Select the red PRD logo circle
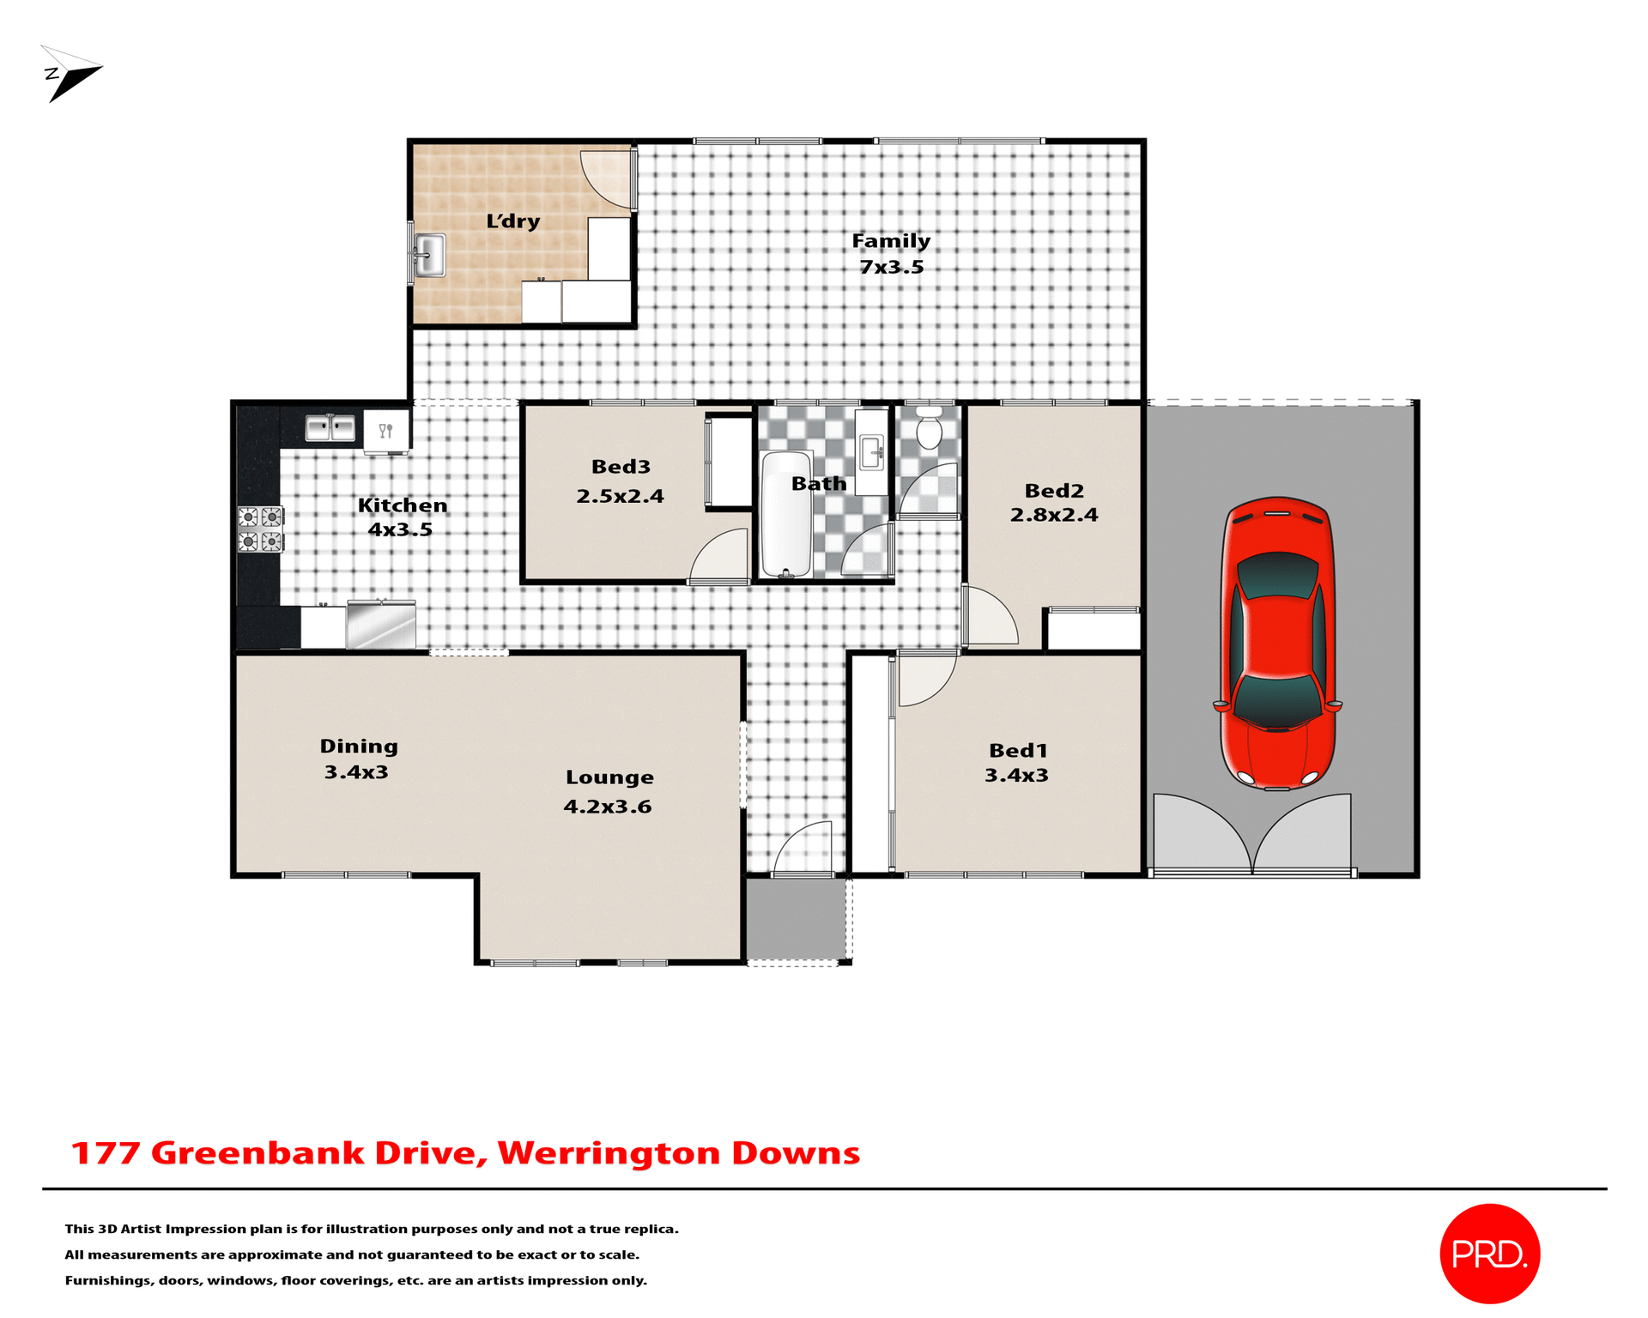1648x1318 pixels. click(1489, 1254)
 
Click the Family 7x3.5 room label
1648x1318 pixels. click(891, 254)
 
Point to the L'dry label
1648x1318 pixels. click(513, 221)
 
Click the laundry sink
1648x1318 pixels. click(429, 256)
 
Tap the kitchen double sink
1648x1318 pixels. click(330, 427)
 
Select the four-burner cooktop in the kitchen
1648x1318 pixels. click(260, 529)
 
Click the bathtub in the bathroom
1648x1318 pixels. click(786, 515)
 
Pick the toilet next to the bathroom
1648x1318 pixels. click(929, 428)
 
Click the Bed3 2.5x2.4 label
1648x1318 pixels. click(621, 481)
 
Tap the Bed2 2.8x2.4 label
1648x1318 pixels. click(1054, 503)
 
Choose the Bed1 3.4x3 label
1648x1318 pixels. click(1017, 763)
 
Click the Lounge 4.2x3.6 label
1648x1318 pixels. click(609, 791)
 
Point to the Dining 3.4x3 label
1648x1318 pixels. click(358, 759)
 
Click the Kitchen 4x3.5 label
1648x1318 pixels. click(402, 517)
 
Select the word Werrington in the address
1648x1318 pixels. click(609, 1153)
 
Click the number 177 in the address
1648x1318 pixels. click(105, 1153)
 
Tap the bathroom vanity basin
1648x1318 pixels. click(871, 451)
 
